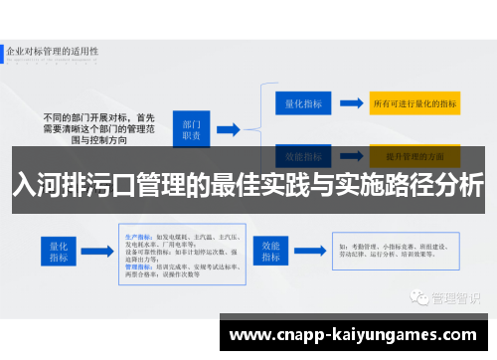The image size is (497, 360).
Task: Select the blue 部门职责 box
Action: (192, 128)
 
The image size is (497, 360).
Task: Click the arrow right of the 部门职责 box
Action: (227, 128)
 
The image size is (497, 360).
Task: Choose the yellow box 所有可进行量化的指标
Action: (413, 102)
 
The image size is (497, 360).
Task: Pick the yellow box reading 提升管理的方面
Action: (413, 156)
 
